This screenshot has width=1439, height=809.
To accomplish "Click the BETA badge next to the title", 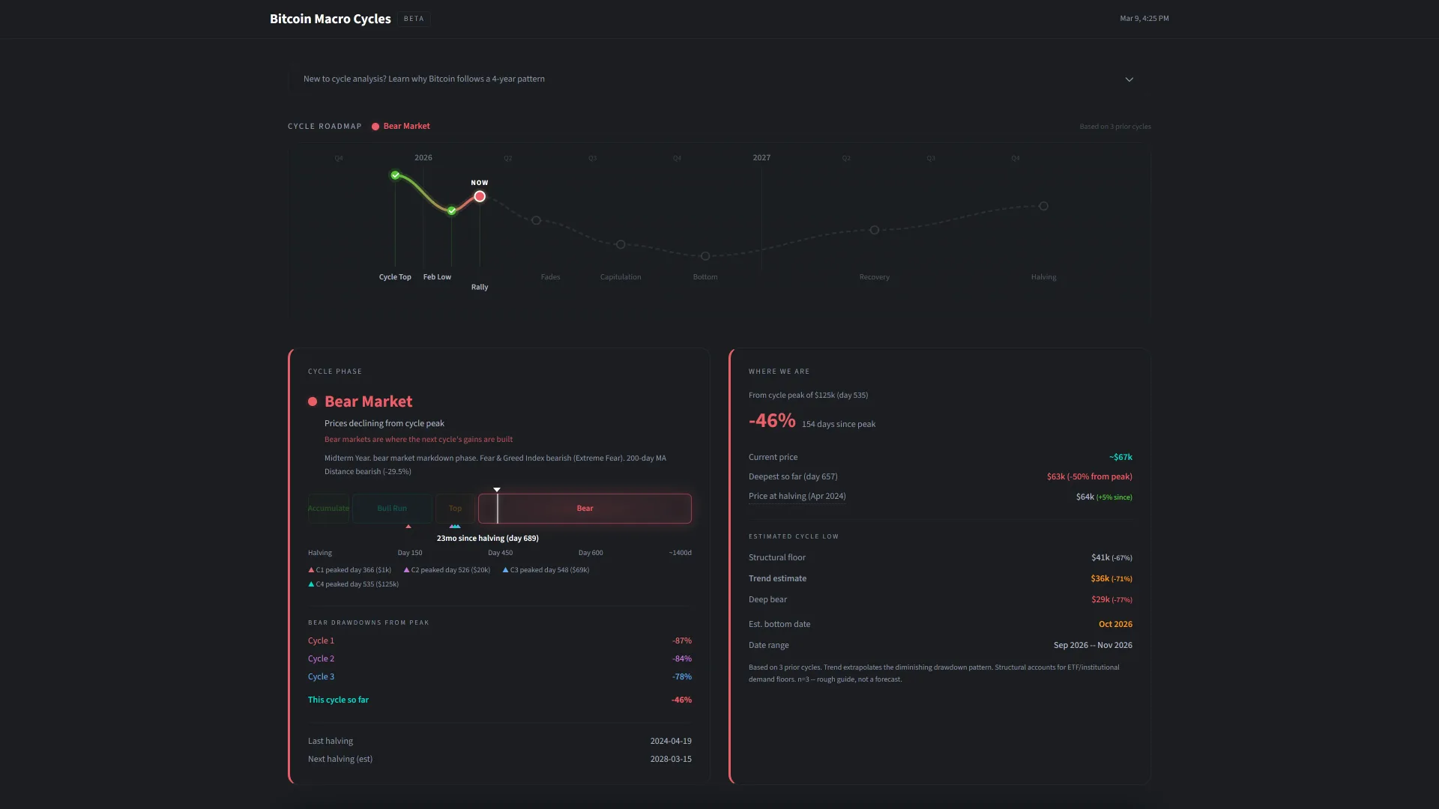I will pos(414,19).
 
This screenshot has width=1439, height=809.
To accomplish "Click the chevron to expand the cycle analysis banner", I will pos(1129,79).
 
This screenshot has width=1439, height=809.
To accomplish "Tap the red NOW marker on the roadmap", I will pos(480,197).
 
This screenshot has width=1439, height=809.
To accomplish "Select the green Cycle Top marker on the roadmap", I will pos(395,175).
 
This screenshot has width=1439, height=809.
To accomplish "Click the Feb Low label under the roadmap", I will pos(437,277).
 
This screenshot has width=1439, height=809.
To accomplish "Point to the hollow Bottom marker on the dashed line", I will pos(705,256).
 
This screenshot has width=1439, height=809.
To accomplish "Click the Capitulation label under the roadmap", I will pos(621,277).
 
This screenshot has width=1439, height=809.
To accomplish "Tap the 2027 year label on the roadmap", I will pos(761,158).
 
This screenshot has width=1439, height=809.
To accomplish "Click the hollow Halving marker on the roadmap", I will pos(1043,206).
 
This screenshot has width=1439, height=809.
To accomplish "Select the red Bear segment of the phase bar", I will pos(585,509).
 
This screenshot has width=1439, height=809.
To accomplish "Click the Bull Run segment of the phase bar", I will pos(392,509).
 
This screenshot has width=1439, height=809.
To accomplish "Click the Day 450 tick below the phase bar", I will pos(500,553).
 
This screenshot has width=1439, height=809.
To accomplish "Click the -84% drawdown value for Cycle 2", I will pos(681,659).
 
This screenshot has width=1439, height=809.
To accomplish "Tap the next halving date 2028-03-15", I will pos(671,760).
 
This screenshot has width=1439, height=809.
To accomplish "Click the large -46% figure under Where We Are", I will pos(772,420).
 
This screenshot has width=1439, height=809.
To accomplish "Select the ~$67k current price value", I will pos(1120,458).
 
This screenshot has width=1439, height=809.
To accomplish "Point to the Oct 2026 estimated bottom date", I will pos(1115,625).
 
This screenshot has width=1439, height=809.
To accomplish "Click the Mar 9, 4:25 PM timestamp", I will pos(1144,19).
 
